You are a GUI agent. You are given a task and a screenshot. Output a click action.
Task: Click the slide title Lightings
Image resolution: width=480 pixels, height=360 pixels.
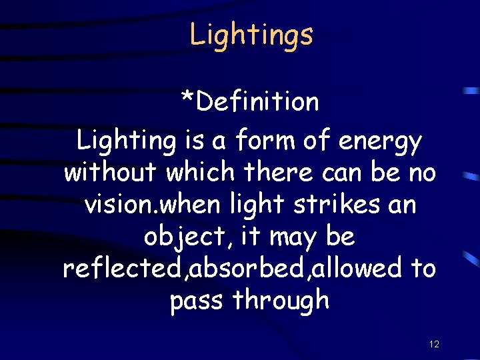[x=251, y=35]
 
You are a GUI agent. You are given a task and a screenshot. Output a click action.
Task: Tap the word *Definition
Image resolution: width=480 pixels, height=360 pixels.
[x=251, y=102]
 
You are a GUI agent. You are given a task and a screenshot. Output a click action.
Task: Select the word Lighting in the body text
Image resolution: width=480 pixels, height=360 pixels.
[x=125, y=142]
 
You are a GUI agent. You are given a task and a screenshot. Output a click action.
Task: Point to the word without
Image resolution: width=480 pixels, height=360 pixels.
[x=111, y=173]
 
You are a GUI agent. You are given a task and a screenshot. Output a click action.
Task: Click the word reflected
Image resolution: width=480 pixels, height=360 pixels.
[x=123, y=268]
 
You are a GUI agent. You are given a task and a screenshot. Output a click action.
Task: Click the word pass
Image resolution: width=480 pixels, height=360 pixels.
[x=197, y=301]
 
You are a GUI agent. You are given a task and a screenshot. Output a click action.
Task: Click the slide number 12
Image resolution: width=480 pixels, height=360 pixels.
[x=434, y=345]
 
